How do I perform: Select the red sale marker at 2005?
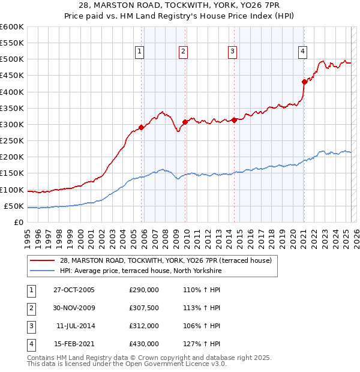pos(142,127)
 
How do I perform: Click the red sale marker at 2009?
pos(185,122)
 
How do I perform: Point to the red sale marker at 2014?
pos(234,120)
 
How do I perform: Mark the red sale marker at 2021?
pos(304,82)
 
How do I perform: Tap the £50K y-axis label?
pos(14,206)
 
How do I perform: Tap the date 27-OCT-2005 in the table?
pos(74,290)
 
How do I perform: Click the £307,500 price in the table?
pos(144,308)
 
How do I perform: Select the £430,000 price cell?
pos(144,344)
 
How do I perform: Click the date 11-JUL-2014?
pos(74,326)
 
